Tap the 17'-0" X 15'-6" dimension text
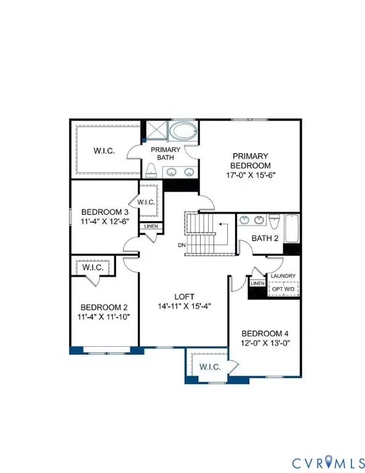click(251, 174)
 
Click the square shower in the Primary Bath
click(154, 131)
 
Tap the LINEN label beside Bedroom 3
click(151, 227)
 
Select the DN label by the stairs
click(182, 246)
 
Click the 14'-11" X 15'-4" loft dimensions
click(182, 306)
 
